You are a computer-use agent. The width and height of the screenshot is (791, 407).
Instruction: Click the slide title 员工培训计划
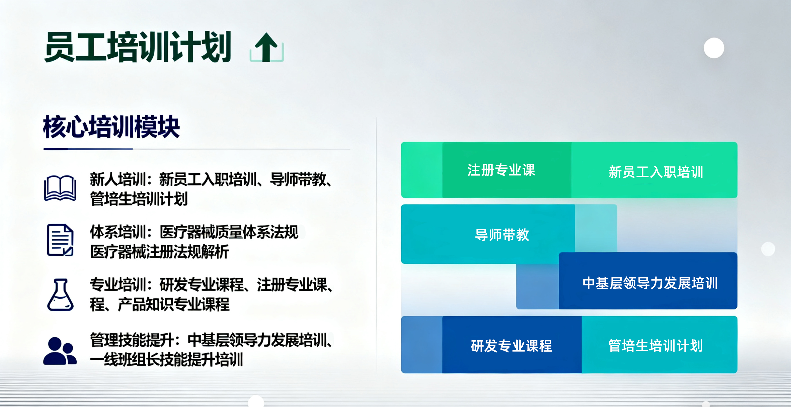click(x=138, y=47)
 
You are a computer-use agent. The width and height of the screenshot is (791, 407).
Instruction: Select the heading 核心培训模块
click(x=111, y=127)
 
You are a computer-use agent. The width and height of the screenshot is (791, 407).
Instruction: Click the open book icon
click(x=60, y=188)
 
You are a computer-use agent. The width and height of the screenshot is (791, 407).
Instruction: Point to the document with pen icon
click(x=60, y=240)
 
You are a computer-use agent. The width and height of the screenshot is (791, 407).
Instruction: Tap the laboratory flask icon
click(x=60, y=295)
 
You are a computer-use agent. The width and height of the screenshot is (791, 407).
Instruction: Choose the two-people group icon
click(x=60, y=351)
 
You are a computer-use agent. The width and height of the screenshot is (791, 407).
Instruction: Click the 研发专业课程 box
click(x=512, y=345)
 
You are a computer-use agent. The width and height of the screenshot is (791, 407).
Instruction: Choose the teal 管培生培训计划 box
click(x=659, y=345)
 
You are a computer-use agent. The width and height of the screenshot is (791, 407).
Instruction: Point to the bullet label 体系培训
click(x=118, y=232)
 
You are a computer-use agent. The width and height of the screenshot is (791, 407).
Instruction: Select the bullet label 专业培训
click(x=118, y=284)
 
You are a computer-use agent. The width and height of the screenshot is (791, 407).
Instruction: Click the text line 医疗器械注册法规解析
click(x=160, y=252)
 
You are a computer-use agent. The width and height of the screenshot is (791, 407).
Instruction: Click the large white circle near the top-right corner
click(x=714, y=48)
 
